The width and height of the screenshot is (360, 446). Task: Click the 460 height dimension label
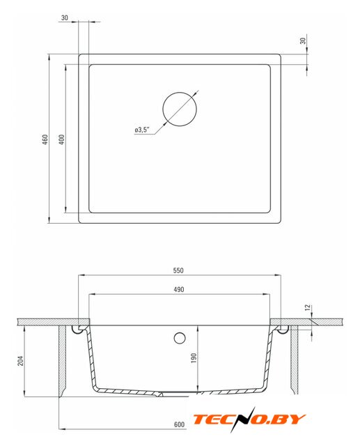pos(45,139)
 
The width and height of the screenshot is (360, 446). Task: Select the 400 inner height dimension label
pos(62,139)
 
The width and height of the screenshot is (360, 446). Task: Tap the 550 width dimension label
pos(178,270)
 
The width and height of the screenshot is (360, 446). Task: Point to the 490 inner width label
pos(179,290)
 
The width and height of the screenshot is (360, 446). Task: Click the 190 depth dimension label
pos(194,358)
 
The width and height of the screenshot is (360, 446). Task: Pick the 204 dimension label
pos(21,361)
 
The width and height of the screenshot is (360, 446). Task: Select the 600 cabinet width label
pos(179,424)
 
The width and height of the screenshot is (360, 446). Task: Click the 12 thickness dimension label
pos(308,308)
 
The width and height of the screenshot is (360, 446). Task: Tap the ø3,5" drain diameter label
pos(142,130)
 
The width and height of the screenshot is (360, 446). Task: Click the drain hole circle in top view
pos(180,92)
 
